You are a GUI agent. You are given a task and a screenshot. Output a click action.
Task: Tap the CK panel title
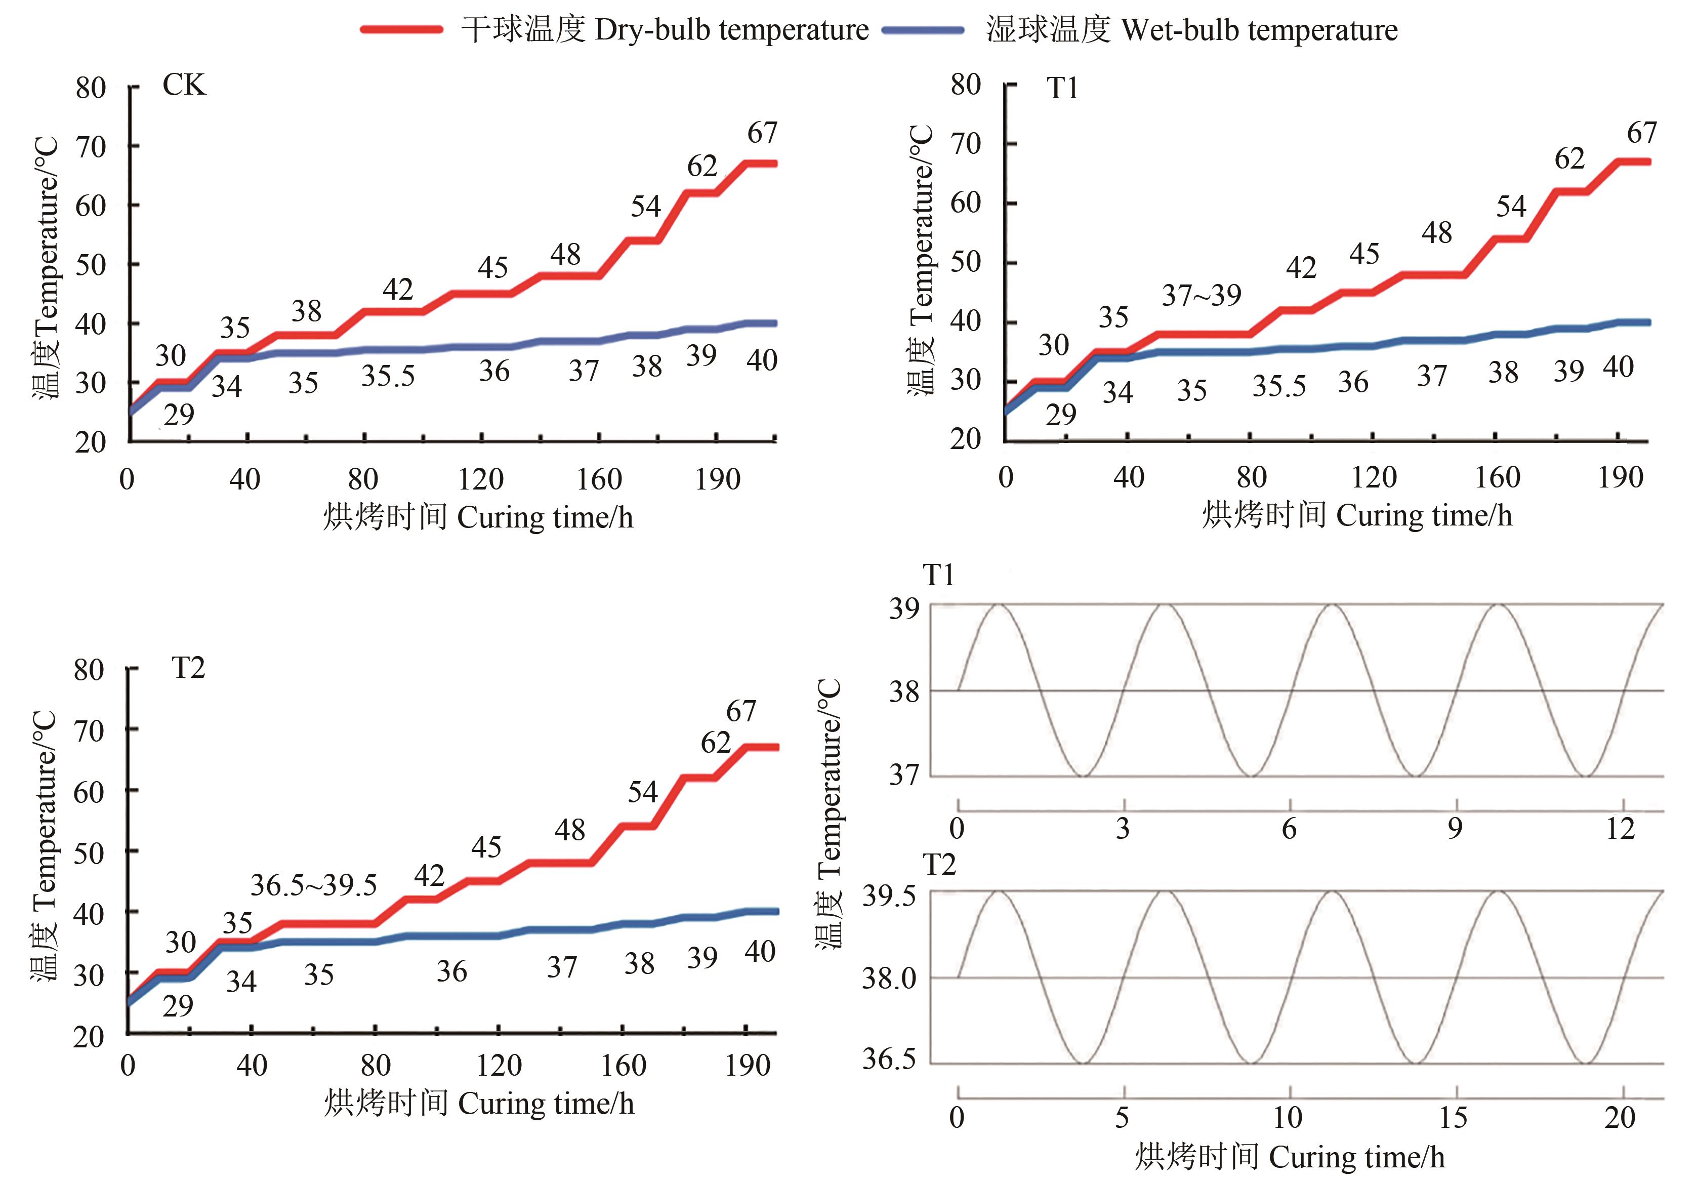[184, 86]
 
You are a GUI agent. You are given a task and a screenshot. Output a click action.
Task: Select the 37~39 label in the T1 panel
[1201, 296]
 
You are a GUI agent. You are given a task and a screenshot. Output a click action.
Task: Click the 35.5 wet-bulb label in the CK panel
[388, 376]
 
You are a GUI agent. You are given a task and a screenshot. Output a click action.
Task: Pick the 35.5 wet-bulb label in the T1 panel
[1278, 386]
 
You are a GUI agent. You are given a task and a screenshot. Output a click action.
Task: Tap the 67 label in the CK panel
[762, 133]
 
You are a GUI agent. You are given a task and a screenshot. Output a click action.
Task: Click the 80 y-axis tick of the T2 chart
[89, 670]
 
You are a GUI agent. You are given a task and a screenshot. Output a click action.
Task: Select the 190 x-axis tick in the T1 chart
[1620, 478]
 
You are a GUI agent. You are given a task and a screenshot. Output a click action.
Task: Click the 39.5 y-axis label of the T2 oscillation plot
[889, 897]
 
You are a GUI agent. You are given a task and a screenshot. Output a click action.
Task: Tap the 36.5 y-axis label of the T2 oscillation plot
[889, 1060]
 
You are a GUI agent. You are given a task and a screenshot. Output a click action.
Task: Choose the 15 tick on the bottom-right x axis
[1453, 1117]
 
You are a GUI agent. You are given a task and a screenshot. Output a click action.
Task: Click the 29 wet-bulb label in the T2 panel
[178, 1006]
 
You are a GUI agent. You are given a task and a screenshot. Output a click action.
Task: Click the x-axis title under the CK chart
[478, 517]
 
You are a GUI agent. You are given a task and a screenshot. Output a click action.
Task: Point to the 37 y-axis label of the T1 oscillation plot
[903, 775]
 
